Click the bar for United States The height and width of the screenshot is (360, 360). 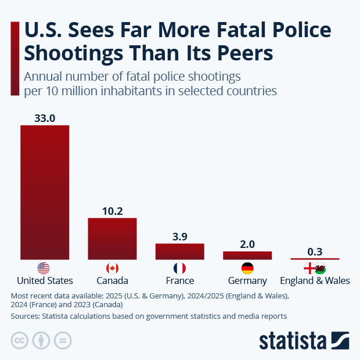(x=45, y=192)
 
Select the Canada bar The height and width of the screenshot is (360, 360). (x=112, y=238)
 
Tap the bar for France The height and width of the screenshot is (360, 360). (x=179, y=251)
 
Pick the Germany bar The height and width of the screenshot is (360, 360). (x=247, y=255)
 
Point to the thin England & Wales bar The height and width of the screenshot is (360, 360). (x=315, y=259)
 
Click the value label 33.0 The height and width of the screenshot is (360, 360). (x=45, y=118)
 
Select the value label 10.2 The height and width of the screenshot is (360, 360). (x=112, y=211)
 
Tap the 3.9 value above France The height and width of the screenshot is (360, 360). (x=179, y=236)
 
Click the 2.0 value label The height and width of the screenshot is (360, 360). (x=247, y=244)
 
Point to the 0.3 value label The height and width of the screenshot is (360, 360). (x=315, y=251)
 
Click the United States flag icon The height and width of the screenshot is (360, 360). (x=44, y=268)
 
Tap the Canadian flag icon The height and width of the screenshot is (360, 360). (x=112, y=268)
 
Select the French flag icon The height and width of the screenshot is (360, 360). (x=179, y=268)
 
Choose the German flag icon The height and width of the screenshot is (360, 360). (x=247, y=268)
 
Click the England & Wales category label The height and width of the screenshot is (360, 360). (x=315, y=280)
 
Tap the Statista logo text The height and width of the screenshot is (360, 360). (x=293, y=340)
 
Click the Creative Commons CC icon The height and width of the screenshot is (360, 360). (x=20, y=340)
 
